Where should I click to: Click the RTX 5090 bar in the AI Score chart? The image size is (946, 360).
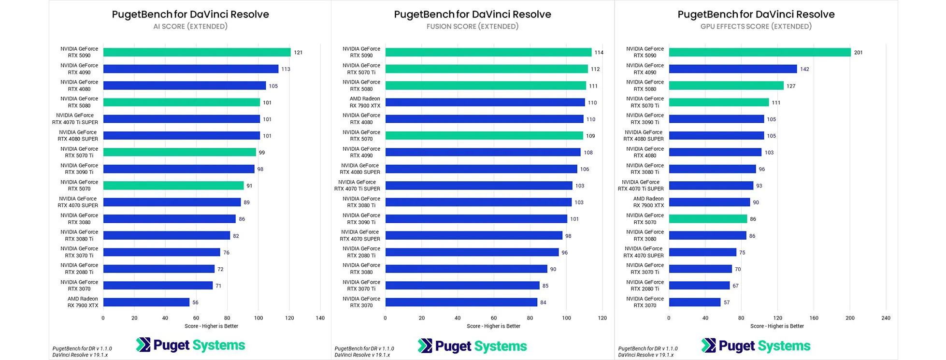coord(197,52)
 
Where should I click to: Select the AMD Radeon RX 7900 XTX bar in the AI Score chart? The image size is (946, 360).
coord(146,302)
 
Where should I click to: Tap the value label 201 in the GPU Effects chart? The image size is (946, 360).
coord(858,53)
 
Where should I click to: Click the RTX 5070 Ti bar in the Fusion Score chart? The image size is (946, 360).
coord(487,69)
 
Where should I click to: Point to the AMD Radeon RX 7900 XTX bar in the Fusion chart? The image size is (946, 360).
coord(485,102)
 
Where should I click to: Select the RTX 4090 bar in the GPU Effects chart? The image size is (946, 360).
coord(732,69)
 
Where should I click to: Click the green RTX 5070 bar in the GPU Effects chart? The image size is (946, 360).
coord(708,219)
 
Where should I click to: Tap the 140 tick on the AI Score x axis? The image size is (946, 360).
coord(320,318)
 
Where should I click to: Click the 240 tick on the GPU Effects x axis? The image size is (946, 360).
coord(886,318)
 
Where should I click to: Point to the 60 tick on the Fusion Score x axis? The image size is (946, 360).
coord(494,318)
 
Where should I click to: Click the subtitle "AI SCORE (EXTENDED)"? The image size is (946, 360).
coord(190,27)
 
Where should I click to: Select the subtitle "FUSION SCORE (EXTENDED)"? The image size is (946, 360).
coord(473,27)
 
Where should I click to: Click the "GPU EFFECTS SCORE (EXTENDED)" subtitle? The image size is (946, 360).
coord(756,27)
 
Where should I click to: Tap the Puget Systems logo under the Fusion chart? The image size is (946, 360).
coord(473,346)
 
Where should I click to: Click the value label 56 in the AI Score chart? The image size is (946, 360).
coord(195,302)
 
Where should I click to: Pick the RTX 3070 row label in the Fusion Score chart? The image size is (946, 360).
coord(361,302)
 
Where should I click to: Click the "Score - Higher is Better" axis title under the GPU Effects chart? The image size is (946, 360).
coord(777,326)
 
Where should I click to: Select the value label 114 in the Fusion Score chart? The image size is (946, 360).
coord(599,53)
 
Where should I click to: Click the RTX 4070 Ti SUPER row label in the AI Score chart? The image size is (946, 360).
coord(75,119)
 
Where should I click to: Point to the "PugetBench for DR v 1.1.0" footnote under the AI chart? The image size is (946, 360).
coord(82,348)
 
